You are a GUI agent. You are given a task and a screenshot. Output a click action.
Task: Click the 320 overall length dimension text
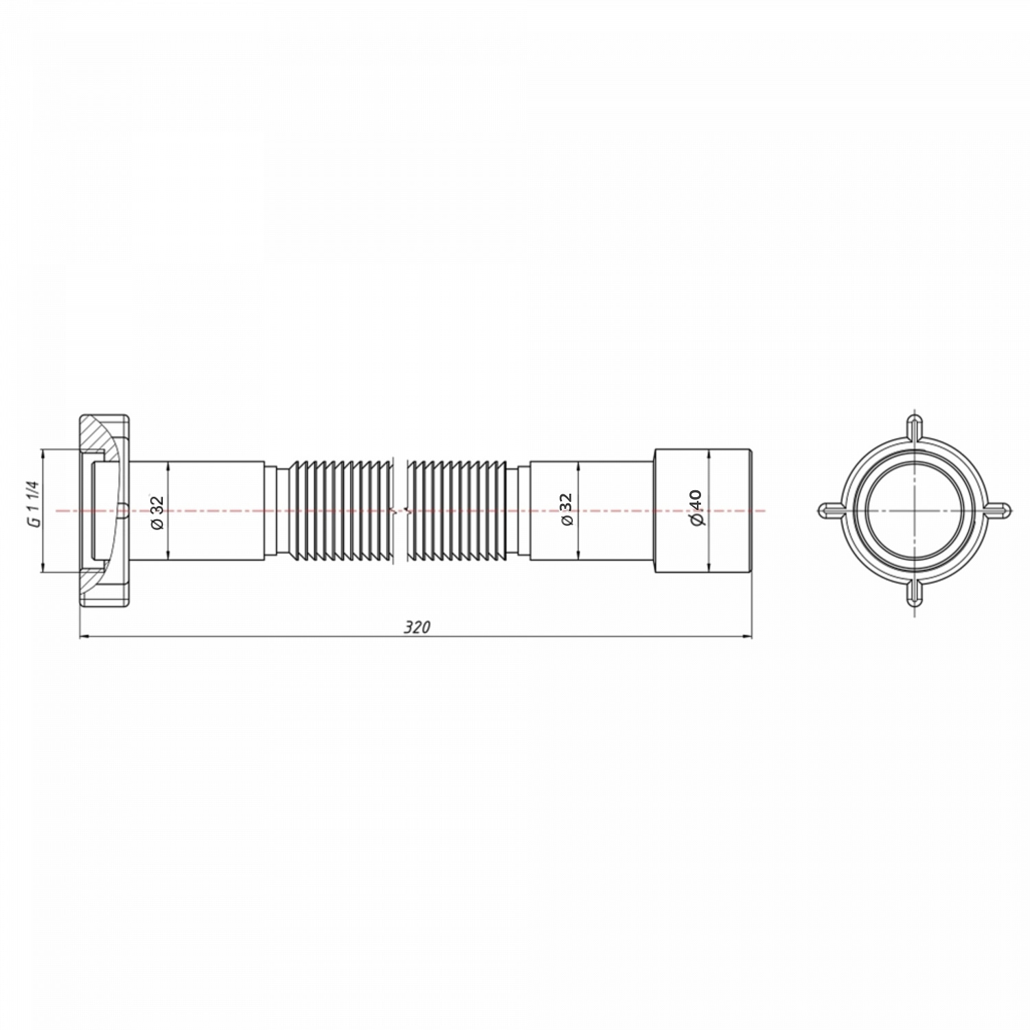417,627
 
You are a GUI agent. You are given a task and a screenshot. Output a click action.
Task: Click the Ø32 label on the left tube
157,512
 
